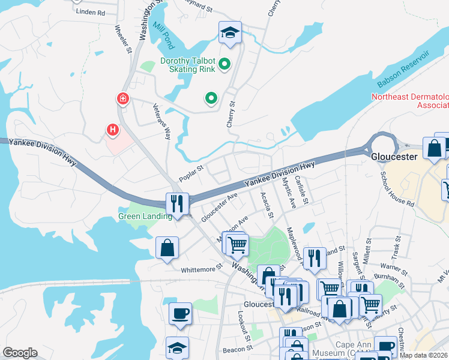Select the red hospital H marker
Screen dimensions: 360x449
point(112,129)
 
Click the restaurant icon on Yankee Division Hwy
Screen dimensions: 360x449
point(178,203)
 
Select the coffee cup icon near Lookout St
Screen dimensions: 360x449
point(180,313)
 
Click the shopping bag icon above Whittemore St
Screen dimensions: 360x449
point(167,248)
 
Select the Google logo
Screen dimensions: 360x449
point(20,352)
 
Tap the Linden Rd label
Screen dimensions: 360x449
point(91,13)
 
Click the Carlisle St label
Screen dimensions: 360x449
point(301,190)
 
